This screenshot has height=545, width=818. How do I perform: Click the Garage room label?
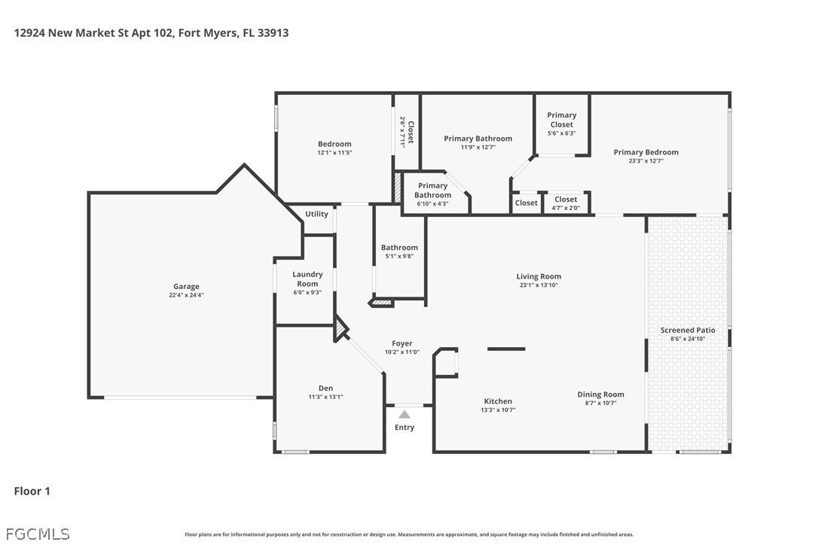pos(186,286)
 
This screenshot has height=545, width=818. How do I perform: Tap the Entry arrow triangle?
pos(404,415)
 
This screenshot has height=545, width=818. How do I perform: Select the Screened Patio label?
pos(688,330)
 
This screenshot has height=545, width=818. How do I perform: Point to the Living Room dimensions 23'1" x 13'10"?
pos(539,285)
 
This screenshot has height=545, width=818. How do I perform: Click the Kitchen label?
pos(498,401)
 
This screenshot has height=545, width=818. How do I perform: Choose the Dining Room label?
pos(600,394)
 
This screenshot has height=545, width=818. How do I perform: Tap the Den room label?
pos(325,388)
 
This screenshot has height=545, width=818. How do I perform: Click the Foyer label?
pos(402,344)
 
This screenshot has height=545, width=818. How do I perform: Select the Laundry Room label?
pos(307,279)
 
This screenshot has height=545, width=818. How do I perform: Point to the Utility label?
pos(316,214)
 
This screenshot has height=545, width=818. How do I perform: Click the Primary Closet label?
pos(561,120)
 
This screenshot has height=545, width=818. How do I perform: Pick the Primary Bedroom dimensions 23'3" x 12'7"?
pos(646,161)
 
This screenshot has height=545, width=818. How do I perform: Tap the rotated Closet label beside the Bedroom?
pos(411,132)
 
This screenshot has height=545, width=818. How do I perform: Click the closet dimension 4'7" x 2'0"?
pos(566,208)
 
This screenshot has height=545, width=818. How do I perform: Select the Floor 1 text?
pos(32,492)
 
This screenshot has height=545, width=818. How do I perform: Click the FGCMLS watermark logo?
pos(38,534)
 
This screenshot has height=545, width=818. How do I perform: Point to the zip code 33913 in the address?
pos(273,33)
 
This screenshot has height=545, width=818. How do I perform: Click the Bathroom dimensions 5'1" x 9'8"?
pos(400,257)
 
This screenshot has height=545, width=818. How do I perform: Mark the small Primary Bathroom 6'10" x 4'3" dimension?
pos(432,204)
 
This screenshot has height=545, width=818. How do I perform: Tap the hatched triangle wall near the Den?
pos(340,330)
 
